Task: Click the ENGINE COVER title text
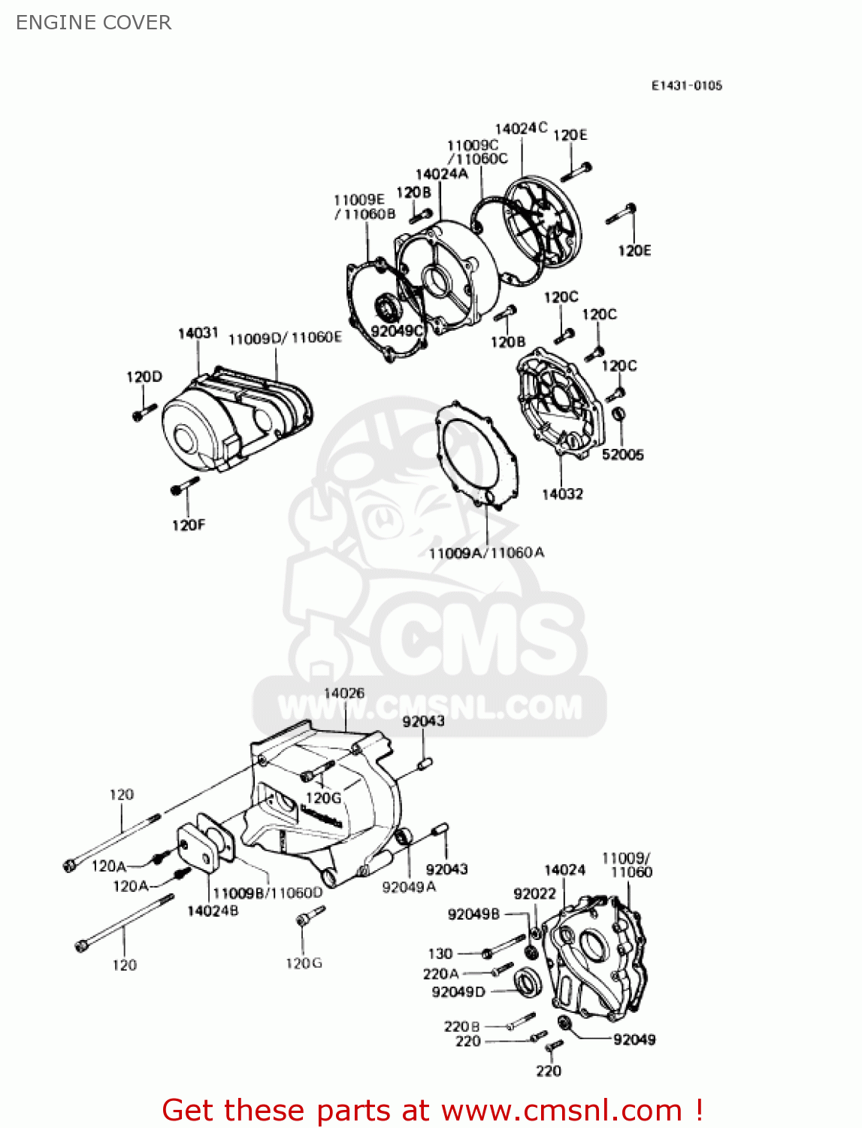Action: pos(93,23)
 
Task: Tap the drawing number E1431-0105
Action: pos(686,86)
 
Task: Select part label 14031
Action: pos(198,332)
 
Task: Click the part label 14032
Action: pos(562,494)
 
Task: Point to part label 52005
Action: pos(622,454)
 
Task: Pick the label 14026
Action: pos(344,693)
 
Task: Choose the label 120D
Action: pos(144,377)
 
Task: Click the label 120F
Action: pos(188,525)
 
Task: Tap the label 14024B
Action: pos(213,911)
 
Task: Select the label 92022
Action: pos(534,893)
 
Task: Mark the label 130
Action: pos(440,954)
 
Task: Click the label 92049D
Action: pos(458,992)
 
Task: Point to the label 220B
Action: pos(461,1026)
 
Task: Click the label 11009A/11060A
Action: pos(486,553)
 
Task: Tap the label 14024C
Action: pos(521,129)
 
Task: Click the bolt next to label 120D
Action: pos(144,411)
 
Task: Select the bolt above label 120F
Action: pos(184,485)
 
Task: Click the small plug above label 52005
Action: pos(619,413)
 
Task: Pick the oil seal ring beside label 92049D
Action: pos(527,982)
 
